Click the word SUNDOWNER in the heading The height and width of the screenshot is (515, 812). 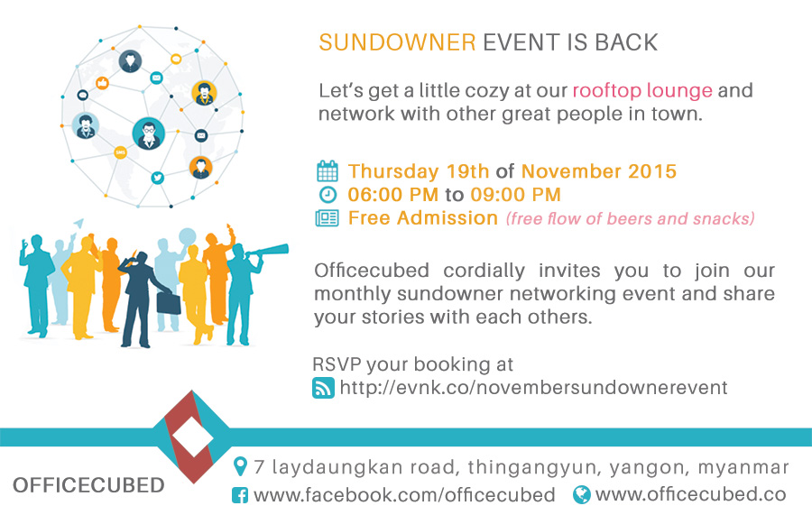tap(397, 43)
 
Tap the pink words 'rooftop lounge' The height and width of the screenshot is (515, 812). tap(642, 91)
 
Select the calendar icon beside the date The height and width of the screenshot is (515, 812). tap(327, 171)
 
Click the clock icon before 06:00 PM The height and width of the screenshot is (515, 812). tap(328, 195)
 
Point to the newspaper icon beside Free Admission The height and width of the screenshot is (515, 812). tap(327, 218)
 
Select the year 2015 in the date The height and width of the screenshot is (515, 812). tap(650, 171)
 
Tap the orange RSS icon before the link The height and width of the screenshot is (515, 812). tap(322, 388)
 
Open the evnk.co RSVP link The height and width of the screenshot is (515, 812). tap(533, 388)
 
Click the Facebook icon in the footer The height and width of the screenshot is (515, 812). tap(240, 495)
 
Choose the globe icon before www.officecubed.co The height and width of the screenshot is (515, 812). tap(582, 494)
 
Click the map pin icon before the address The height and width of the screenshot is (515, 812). tap(240, 467)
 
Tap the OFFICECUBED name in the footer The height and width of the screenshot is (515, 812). tap(88, 485)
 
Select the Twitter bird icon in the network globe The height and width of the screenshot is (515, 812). tap(157, 178)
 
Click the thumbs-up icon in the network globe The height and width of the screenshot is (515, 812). tap(102, 83)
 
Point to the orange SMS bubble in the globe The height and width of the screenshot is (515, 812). tap(120, 153)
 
